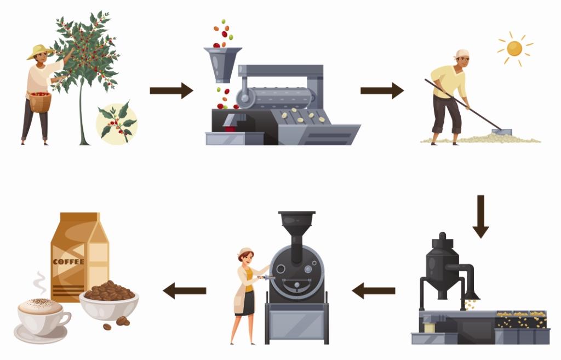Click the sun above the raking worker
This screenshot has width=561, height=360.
pos(514,49)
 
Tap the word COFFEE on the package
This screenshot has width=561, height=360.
pos(68,262)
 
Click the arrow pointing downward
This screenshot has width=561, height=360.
pos(480,216)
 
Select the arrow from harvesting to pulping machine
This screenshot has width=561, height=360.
pos(171,90)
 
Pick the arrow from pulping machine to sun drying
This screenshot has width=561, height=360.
pos(382,90)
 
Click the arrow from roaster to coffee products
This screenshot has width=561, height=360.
pos(185,290)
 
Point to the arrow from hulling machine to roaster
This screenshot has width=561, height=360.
pos(374,290)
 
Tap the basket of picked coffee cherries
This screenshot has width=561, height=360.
pos(40,102)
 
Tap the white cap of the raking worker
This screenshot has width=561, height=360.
pos(462,54)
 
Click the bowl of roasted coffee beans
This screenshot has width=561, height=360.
pos(109,301)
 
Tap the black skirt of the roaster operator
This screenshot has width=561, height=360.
pos(245,303)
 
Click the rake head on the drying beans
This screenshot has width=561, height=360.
pos(502,132)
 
